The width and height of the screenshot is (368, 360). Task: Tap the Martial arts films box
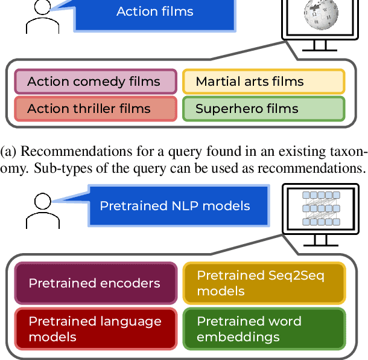tap(262, 82)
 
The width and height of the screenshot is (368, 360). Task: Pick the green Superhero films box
tap(262, 109)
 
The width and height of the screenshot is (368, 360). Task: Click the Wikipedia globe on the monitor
tap(320, 14)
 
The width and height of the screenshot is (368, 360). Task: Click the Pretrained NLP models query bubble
tap(175, 205)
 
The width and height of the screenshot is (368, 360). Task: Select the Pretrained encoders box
tap(95, 283)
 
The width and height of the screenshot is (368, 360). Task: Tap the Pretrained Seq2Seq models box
tap(264, 283)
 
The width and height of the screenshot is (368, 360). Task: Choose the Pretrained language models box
tap(95, 329)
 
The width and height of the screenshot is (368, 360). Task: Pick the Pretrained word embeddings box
tap(264, 329)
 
